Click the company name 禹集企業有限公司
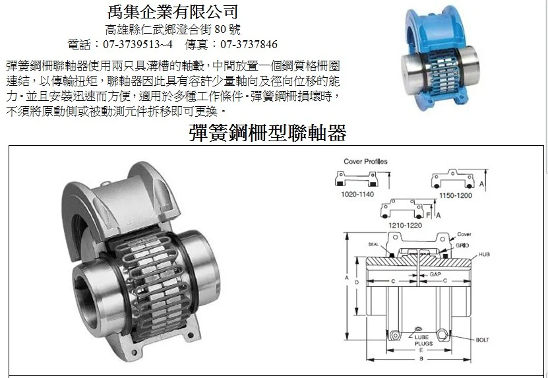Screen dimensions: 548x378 [172, 12]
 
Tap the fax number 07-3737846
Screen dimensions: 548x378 [249, 44]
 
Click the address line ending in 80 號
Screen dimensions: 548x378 [173, 30]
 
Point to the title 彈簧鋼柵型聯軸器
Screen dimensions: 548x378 [267, 133]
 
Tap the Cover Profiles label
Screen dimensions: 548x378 [365, 161]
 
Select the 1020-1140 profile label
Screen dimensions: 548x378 [357, 194]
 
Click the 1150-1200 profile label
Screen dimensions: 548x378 [456, 195]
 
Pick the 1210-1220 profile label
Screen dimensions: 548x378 [405, 225]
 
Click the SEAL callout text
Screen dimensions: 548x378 [373, 245]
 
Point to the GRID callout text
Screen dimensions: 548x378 [462, 245]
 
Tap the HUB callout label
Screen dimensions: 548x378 [484, 254]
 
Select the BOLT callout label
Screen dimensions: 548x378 [482, 340]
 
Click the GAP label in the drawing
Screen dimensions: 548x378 [435, 274]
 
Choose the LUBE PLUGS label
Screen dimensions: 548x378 [423, 340]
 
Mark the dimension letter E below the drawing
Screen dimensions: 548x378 [421, 350]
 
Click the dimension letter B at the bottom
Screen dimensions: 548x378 [421, 359]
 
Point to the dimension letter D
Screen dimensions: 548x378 [357, 282]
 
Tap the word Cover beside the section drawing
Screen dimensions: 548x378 [464, 234]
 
